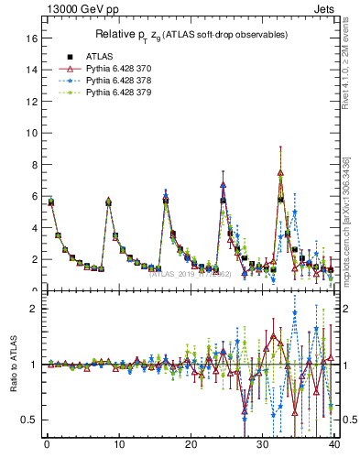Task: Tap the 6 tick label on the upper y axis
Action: tap(33, 196)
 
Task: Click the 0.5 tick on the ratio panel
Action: tap(28, 420)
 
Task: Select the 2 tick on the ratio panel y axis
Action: tap(33, 309)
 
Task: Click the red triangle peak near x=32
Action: tap(280, 172)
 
